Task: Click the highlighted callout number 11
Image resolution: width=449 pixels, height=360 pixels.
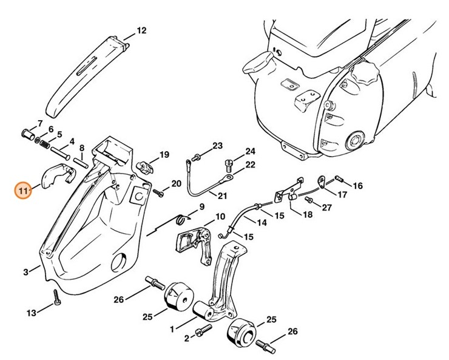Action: (24, 190)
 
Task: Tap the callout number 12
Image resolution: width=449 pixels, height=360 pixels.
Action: (141, 30)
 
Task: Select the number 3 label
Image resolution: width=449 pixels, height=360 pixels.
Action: (26, 271)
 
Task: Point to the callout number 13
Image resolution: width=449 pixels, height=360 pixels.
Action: (32, 313)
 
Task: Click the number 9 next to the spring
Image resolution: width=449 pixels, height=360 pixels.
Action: (202, 206)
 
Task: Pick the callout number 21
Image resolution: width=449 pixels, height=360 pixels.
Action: (222, 196)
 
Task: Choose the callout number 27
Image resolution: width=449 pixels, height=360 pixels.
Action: (326, 207)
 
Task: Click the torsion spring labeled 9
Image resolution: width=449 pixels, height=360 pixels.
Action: (183, 219)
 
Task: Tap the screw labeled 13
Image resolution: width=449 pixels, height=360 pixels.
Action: (57, 297)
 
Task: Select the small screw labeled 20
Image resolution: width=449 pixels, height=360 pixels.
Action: (158, 192)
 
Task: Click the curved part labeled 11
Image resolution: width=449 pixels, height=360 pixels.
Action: (57, 175)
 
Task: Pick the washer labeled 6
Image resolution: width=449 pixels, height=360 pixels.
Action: (37, 140)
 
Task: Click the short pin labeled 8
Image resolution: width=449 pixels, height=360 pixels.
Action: (81, 162)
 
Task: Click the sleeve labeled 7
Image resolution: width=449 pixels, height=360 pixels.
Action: (28, 134)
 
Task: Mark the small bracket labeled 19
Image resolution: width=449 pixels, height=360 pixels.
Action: (144, 168)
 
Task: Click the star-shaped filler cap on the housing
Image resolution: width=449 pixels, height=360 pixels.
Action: (366, 73)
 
